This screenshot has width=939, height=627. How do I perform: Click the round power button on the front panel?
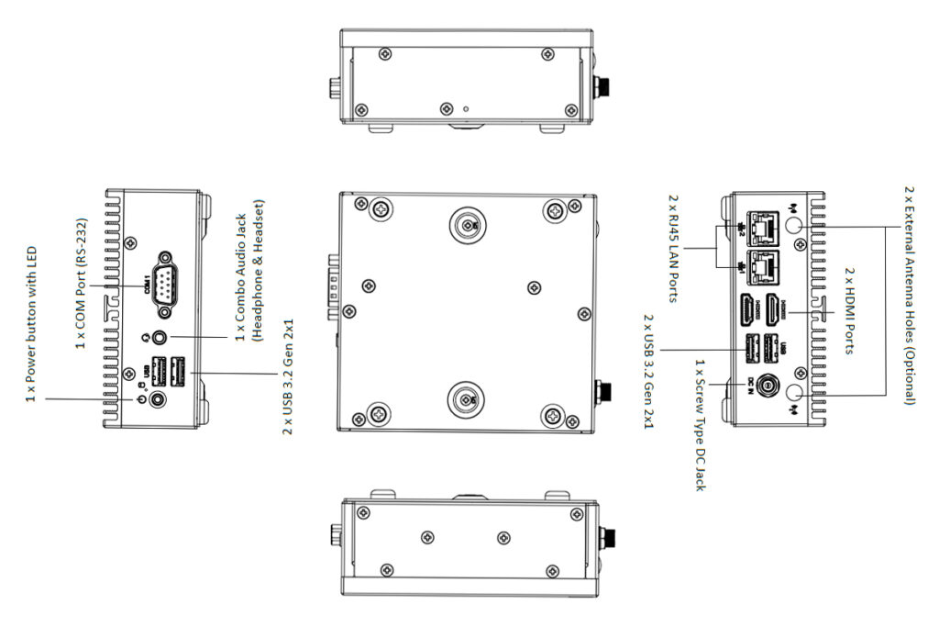point(160,398)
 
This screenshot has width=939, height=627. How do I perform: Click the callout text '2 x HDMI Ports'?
point(848,312)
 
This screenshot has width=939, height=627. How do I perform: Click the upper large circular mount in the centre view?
point(467,223)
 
